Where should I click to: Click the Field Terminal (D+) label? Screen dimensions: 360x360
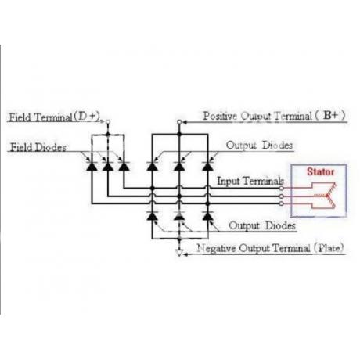pyautogui.click(x=54, y=117)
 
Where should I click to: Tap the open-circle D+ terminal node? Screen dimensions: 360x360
pyautogui.click(x=108, y=121)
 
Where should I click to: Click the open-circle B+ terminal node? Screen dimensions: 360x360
pyautogui.click(x=179, y=121)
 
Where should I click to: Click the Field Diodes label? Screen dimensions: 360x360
pyautogui.click(x=38, y=147)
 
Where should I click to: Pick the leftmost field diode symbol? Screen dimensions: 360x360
pyautogui.click(x=92, y=166)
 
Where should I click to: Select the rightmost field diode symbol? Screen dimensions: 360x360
pyautogui.click(x=124, y=166)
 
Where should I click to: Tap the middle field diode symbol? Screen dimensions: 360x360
pyautogui.click(x=108, y=166)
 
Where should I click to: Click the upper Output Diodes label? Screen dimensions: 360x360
pyautogui.click(x=259, y=146)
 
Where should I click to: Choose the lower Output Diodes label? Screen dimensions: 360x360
pyautogui.click(x=262, y=225)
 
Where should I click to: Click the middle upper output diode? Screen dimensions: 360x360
pyautogui.click(x=179, y=166)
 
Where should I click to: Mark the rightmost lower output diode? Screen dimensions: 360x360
pyautogui.click(x=207, y=216)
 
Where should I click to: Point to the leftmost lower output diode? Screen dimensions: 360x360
pyautogui.click(x=152, y=216)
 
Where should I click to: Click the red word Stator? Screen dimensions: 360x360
pyautogui.click(x=320, y=171)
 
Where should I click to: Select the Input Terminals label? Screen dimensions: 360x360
pyautogui.click(x=250, y=181)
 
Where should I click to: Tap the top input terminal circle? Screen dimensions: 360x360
pyautogui.click(x=281, y=188)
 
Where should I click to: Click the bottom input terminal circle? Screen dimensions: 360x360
pyautogui.click(x=281, y=203)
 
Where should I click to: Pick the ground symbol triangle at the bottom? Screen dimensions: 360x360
pyautogui.click(x=179, y=253)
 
